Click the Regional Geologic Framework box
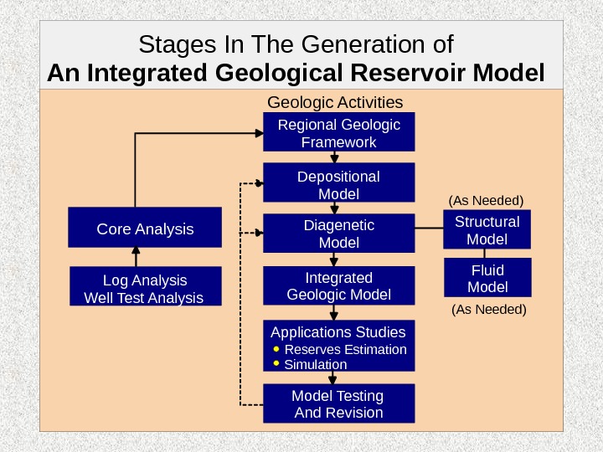pos(338,134)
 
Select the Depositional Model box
pos(338,185)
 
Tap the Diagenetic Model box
pos(338,234)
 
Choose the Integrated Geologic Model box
pos(338,285)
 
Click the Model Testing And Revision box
pos(338,403)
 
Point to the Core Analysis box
pos(145,229)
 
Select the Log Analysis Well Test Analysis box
pos(145,288)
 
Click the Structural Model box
pos(487,230)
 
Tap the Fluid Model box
pos(487,278)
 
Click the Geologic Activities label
pos(334,102)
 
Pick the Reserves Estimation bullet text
pos(345,349)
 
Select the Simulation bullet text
pos(315,365)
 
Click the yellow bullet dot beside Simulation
pos(276,364)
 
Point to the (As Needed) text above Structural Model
pos(486,201)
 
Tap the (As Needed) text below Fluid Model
pos(488,310)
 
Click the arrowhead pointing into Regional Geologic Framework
pos(260,132)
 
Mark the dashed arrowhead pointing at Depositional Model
pos(259,182)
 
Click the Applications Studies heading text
pos(338,331)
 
